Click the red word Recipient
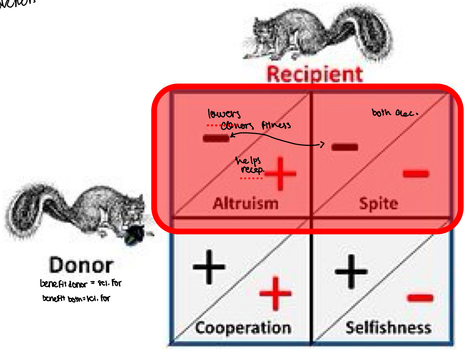tap(314, 74)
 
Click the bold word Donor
tap(81, 265)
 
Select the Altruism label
tap(246, 204)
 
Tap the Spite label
tap(379, 204)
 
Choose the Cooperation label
tap(243, 328)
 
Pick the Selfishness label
tap(389, 328)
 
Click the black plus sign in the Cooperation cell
tap(209, 267)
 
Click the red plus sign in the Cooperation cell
tap(275, 294)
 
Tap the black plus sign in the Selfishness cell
tap(351, 271)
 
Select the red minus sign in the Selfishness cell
tap(420, 298)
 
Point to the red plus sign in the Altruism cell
tap(280, 174)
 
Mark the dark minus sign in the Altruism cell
tap(216, 138)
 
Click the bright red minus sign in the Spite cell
tap(416, 174)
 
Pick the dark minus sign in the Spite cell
tap(345, 147)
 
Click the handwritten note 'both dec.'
tap(394, 113)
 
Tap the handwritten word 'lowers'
tap(224, 114)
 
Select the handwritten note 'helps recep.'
tap(250, 165)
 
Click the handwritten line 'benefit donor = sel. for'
tap(81, 283)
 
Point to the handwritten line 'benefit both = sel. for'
tap(76, 298)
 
